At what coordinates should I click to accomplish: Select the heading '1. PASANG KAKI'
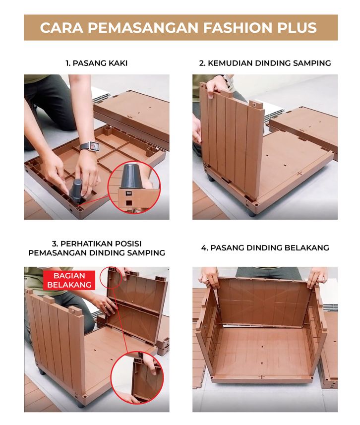(96, 63)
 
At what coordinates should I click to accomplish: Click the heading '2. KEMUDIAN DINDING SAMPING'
(265, 63)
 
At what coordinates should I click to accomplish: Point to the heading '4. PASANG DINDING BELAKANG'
(265, 248)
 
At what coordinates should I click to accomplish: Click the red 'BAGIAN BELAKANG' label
(69, 280)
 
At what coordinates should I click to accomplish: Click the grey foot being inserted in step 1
(76, 190)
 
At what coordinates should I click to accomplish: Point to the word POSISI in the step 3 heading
(127, 243)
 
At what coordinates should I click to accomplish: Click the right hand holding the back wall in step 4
(316, 277)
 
